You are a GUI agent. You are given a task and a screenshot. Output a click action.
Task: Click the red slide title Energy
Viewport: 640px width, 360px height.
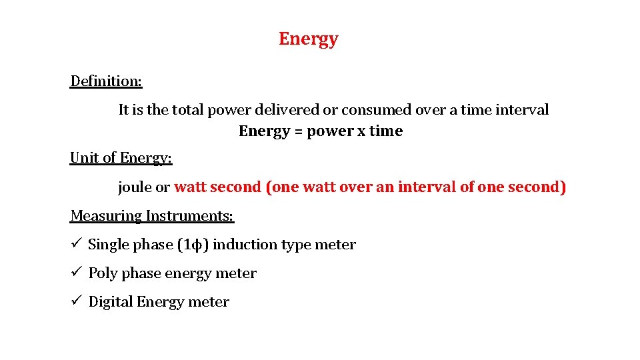click(x=308, y=39)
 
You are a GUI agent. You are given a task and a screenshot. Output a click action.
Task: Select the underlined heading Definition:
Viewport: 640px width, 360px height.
click(x=106, y=81)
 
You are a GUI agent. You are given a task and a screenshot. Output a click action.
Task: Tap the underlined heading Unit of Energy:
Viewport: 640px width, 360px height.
click(x=121, y=158)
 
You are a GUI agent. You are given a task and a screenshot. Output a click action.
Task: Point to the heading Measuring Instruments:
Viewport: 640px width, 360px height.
click(x=152, y=216)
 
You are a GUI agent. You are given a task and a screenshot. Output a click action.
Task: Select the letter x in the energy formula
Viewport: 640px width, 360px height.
click(x=361, y=131)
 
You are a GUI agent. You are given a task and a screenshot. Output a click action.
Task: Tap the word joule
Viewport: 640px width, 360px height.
click(x=135, y=187)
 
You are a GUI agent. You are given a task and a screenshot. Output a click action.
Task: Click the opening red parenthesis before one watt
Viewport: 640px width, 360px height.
click(x=269, y=187)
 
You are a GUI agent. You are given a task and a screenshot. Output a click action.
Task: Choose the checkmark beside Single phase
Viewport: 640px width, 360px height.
click(x=77, y=244)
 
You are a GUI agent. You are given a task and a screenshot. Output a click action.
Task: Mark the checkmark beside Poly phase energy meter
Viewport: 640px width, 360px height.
click(x=77, y=273)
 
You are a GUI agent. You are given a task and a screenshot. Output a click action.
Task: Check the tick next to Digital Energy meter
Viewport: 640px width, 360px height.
click(x=77, y=301)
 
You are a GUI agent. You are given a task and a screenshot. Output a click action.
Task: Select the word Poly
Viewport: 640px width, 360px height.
click(x=103, y=273)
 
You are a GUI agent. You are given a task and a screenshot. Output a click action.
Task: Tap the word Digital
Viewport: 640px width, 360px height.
click(x=111, y=302)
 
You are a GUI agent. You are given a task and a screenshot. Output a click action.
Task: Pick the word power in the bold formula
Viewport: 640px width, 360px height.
click(x=330, y=131)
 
